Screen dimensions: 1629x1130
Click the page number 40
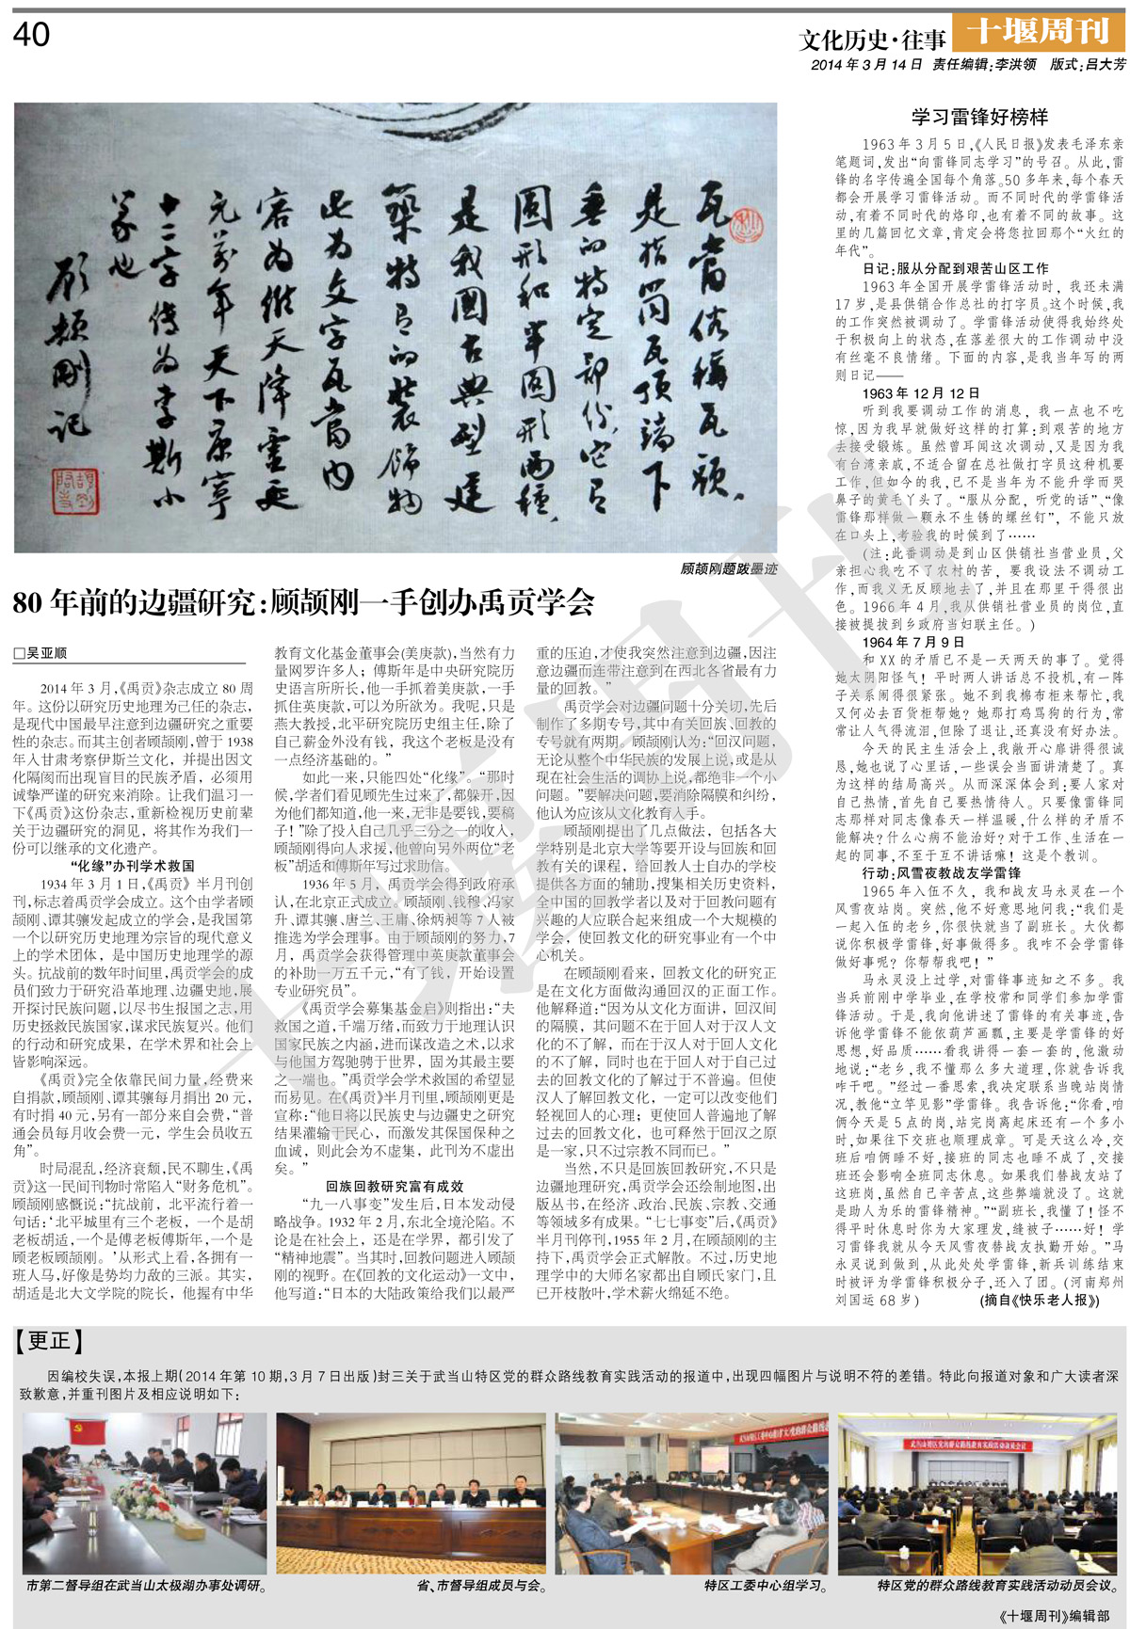point(31,36)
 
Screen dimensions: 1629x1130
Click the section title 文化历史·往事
point(872,40)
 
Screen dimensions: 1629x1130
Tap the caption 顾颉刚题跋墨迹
point(728,568)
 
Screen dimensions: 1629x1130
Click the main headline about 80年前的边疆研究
point(303,603)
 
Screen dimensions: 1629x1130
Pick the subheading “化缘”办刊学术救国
point(132,866)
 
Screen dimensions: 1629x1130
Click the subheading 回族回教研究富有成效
point(395,1187)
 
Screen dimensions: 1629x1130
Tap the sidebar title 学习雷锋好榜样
point(979,118)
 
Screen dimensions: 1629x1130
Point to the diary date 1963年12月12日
point(921,393)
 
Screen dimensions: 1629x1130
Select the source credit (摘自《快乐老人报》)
point(1039,1301)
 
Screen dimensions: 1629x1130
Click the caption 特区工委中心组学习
point(766,1586)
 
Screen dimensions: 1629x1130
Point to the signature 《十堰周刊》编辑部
point(1056,1616)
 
